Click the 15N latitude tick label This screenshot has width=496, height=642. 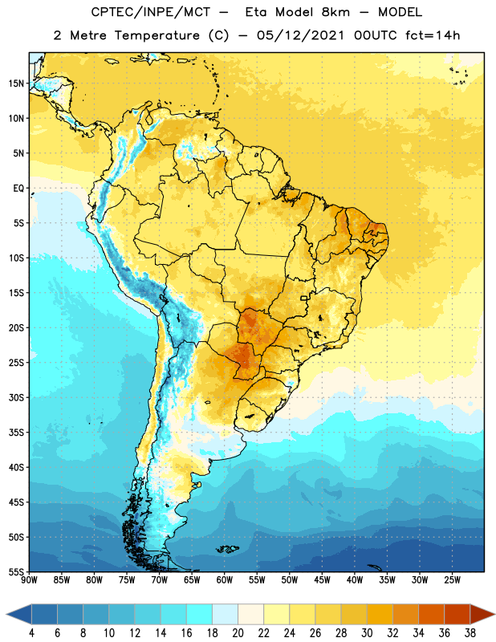pyautogui.click(x=16, y=83)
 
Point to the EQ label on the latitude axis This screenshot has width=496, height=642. pyautogui.click(x=18, y=189)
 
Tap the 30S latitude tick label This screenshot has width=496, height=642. pyautogui.click(x=16, y=397)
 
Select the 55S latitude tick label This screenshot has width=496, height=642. pyautogui.click(x=16, y=571)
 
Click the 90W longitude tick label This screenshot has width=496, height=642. pyautogui.click(x=29, y=580)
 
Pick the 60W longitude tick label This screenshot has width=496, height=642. pyautogui.click(x=225, y=580)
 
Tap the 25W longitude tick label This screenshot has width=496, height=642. pyautogui.click(x=452, y=580)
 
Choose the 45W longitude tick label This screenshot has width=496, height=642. pyautogui.click(x=323, y=580)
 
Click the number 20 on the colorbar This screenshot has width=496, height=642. pyautogui.click(x=238, y=633)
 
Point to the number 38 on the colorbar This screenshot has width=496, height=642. pyautogui.click(x=470, y=633)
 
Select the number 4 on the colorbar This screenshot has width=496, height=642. pyautogui.click(x=31, y=633)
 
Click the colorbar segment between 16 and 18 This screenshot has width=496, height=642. pyautogui.click(x=199, y=614)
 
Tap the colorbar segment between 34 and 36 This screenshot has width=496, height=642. pyautogui.click(x=431, y=614)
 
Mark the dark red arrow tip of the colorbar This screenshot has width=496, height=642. pyautogui.click(x=494, y=614)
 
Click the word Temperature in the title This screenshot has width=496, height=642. pyautogui.click(x=157, y=35)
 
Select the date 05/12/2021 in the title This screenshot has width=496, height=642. pyautogui.click(x=300, y=35)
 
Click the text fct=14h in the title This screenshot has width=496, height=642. pyautogui.click(x=433, y=35)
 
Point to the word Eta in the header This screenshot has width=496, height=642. pyautogui.click(x=256, y=12)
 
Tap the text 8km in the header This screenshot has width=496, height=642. pyautogui.click(x=335, y=12)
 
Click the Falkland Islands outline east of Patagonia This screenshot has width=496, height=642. pyautogui.click(x=227, y=549)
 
